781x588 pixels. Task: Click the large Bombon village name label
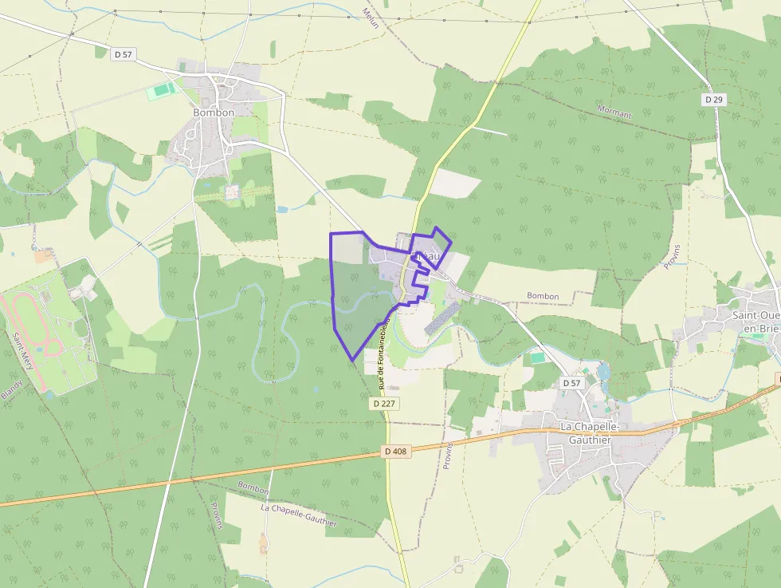tap(214, 112)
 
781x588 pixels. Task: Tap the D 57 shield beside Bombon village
tap(123, 54)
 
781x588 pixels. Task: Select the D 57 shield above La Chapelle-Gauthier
tap(571, 383)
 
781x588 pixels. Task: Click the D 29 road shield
tap(714, 100)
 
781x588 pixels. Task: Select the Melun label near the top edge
tap(371, 18)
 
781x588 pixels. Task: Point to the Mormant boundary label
tap(614, 112)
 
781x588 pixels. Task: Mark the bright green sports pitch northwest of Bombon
tap(163, 91)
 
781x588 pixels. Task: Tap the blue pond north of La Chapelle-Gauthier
tap(603, 372)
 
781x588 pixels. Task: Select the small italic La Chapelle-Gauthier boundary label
tap(299, 514)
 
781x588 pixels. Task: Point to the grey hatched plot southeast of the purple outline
tap(442, 318)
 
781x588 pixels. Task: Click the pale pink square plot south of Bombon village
tap(232, 192)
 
